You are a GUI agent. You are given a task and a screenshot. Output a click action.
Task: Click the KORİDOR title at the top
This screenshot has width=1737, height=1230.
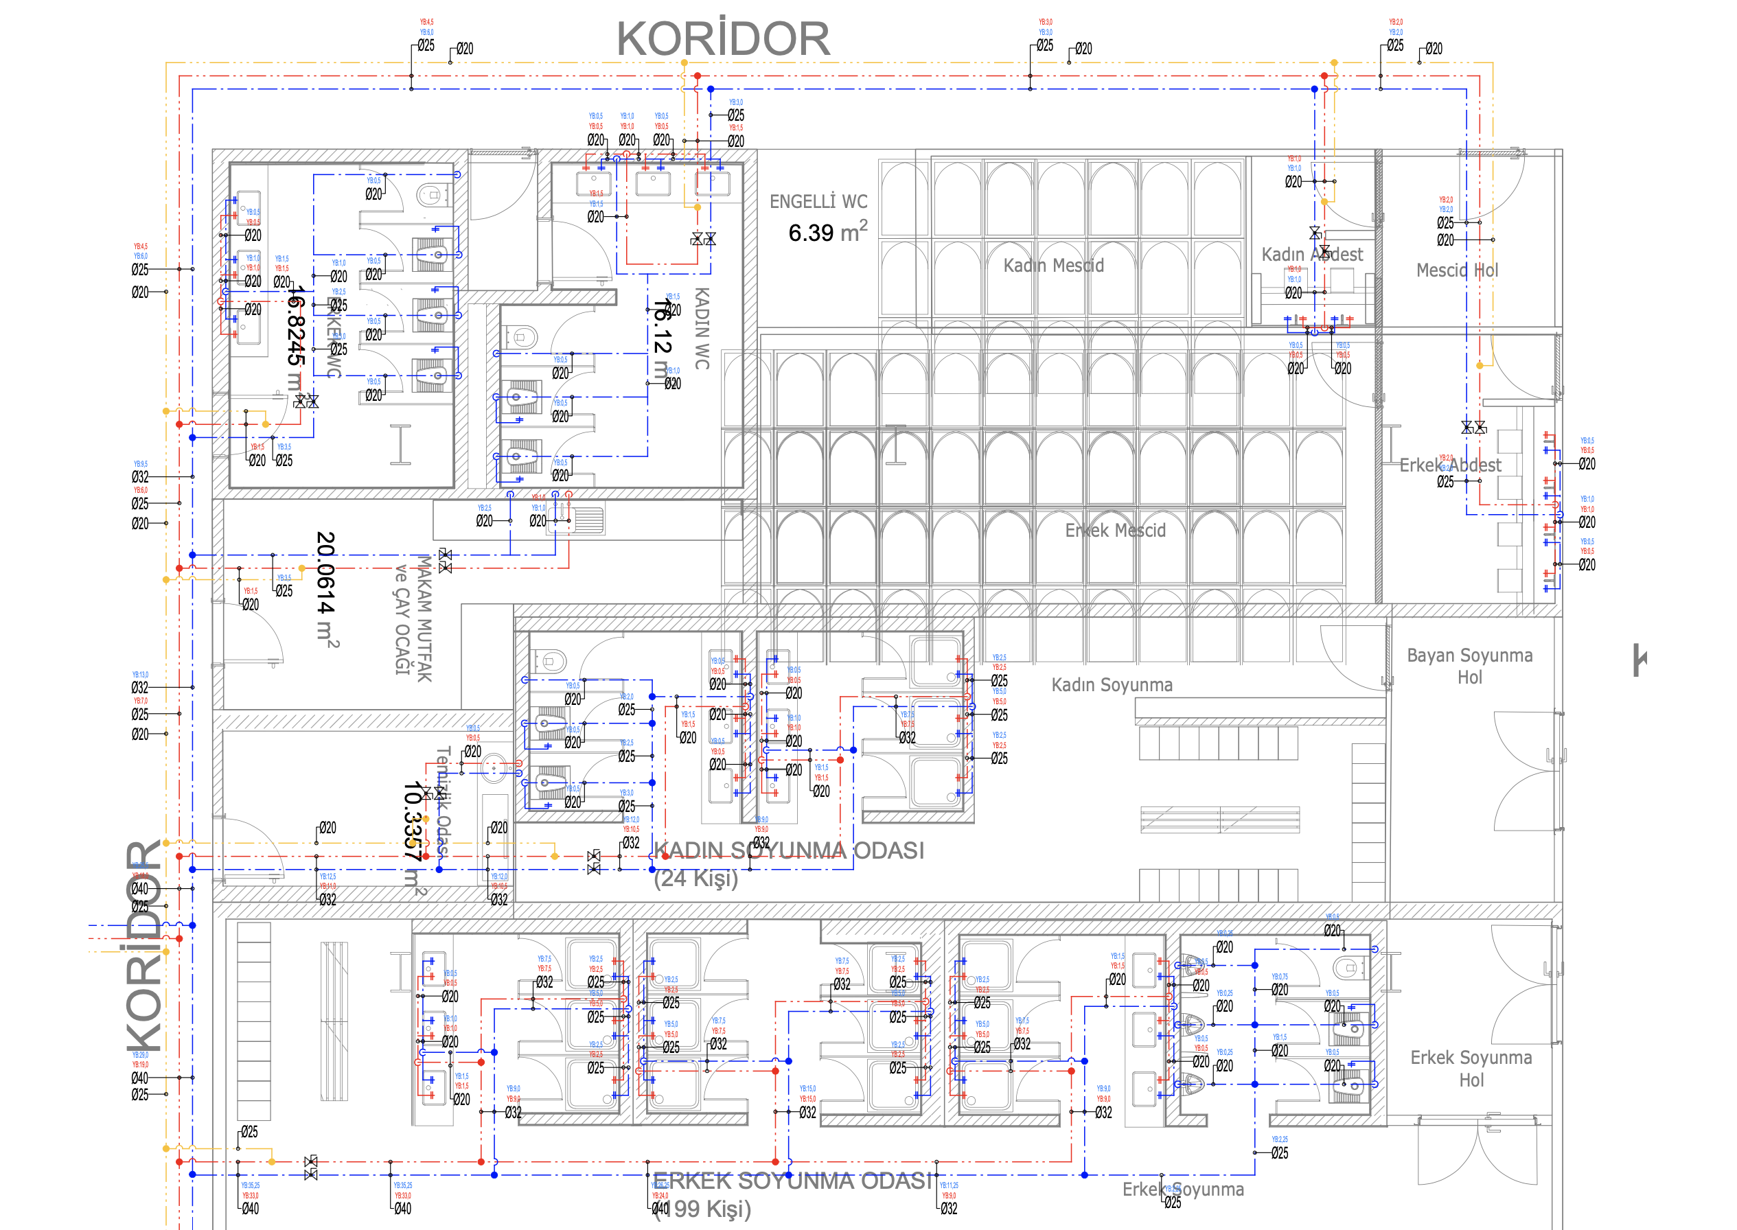tap(723, 39)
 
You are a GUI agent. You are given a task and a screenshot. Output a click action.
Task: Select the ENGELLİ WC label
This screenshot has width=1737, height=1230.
tap(818, 202)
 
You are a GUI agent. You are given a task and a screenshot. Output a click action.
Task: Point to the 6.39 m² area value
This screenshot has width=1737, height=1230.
tap(827, 232)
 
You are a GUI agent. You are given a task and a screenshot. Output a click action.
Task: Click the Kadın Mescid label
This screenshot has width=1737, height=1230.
tap(1053, 266)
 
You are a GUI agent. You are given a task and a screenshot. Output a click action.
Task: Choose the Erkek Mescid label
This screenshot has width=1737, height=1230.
tap(1115, 530)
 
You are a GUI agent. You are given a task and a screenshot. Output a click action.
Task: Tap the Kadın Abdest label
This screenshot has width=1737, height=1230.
tap(1311, 255)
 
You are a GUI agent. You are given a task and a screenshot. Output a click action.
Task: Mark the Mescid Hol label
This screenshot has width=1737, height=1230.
tap(1457, 270)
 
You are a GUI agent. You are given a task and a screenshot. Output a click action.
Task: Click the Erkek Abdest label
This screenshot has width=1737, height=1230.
tap(1449, 465)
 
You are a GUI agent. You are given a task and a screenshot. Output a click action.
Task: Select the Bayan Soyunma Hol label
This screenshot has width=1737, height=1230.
tap(1470, 666)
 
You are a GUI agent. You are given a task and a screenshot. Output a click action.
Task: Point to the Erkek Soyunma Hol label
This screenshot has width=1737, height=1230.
tap(1471, 1068)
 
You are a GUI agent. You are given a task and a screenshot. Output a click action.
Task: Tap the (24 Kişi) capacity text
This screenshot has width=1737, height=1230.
tap(695, 879)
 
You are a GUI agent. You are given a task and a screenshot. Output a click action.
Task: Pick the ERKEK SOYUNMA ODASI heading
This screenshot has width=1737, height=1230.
tap(792, 1181)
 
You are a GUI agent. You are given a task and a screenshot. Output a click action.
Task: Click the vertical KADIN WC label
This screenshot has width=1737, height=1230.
tap(702, 329)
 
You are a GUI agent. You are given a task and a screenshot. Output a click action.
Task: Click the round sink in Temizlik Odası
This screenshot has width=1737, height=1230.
tap(494, 768)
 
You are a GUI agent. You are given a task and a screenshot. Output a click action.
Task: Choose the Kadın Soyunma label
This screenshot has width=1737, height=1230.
tap(1112, 685)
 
